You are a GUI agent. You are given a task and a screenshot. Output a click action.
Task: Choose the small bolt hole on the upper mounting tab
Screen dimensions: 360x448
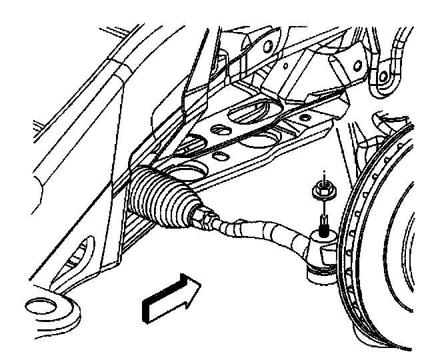[x=267, y=47]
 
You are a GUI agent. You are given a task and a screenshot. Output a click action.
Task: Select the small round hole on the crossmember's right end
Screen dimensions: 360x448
[x=306, y=118]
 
